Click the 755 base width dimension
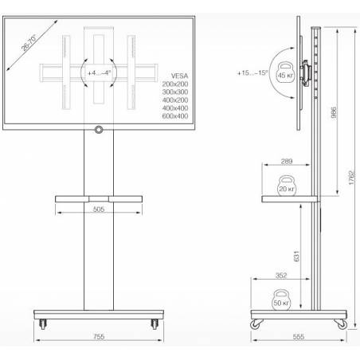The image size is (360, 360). [x=99, y=337]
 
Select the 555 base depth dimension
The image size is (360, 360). [x=299, y=337]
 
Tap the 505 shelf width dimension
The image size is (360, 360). [x=99, y=209]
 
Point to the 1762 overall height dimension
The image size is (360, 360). [x=351, y=178]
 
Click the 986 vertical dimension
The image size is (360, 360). [x=334, y=112]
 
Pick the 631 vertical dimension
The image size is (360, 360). [x=296, y=256]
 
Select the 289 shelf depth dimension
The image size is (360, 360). [x=287, y=161]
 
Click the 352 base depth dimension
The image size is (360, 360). [x=281, y=276]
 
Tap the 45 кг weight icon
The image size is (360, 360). [x=286, y=74]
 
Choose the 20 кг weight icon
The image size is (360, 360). [x=287, y=186]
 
